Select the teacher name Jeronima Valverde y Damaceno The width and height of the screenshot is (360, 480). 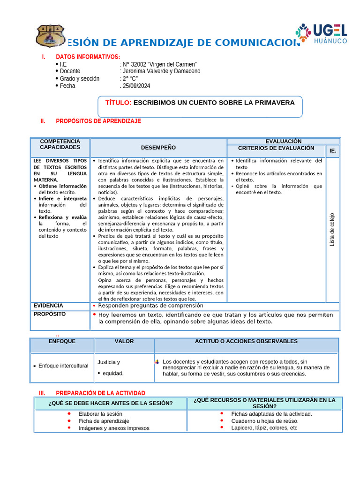click(161, 71)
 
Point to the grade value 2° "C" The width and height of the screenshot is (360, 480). click(130, 79)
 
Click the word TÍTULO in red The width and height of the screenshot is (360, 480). click(119, 103)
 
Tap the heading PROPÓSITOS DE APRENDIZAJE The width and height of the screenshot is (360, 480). click(98, 121)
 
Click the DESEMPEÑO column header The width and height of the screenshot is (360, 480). click(158, 148)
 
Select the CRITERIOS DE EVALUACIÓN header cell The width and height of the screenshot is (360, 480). click(276, 148)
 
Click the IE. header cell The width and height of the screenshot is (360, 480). click(333, 151)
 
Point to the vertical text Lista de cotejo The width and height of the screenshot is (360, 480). click(332, 230)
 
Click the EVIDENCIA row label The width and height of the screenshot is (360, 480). click(48, 306)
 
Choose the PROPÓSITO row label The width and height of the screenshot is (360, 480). click(50, 314)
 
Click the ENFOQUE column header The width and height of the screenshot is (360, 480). click(62, 341)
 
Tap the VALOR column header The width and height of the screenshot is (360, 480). click(124, 341)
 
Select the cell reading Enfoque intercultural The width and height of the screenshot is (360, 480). click(63, 366)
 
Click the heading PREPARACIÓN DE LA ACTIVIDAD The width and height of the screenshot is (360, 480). click(100, 393)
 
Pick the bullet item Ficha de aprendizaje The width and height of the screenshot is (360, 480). click(104, 421)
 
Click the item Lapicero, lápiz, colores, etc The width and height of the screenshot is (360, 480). click(264, 428)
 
